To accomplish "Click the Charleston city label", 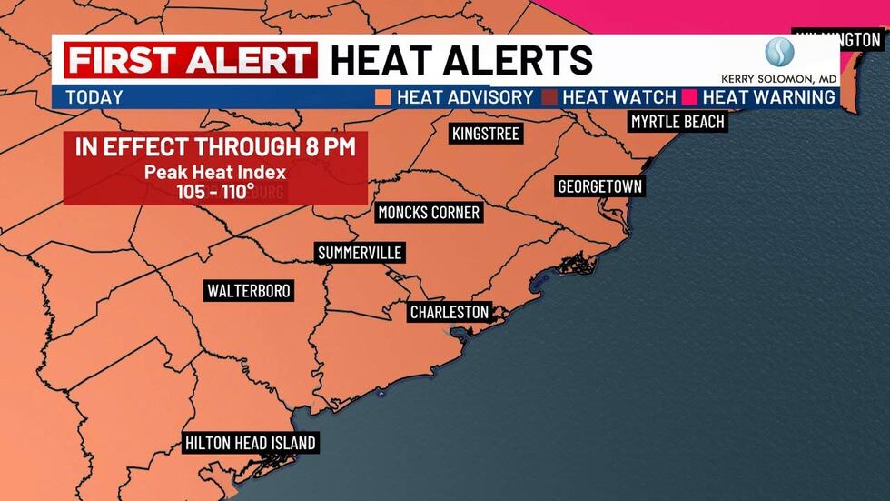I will click(x=450, y=312).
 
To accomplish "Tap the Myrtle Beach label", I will click(x=678, y=122).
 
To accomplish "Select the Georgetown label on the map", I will click(x=599, y=186).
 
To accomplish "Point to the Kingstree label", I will click(x=486, y=135).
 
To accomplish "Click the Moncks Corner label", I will click(x=429, y=213).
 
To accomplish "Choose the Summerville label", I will click(x=359, y=253).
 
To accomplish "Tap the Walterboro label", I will click(x=249, y=291).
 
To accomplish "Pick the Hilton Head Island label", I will click(x=250, y=444).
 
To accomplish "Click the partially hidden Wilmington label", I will click(x=840, y=40).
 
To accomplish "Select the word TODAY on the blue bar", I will click(x=94, y=97).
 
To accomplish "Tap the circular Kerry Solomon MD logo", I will click(x=779, y=52).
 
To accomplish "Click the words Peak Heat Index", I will click(x=215, y=171).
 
